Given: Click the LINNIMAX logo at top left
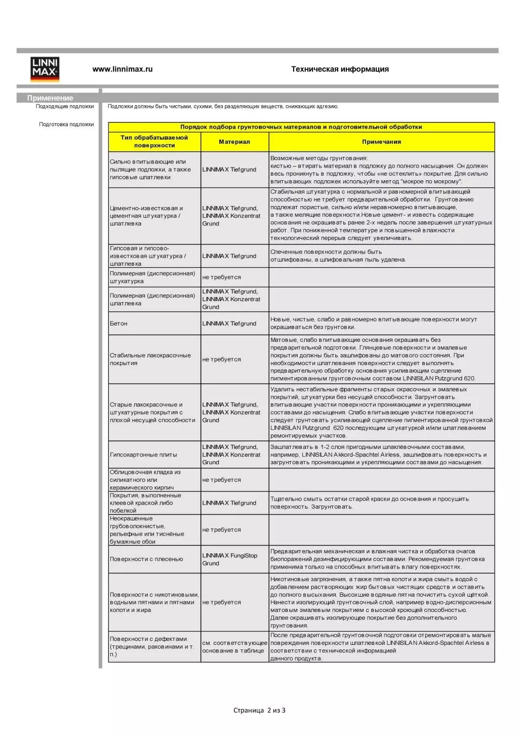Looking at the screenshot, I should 45,69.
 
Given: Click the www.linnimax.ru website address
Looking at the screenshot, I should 122,69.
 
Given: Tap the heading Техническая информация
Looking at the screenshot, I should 340,69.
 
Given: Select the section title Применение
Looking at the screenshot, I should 50,98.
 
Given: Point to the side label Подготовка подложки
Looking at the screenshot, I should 66,125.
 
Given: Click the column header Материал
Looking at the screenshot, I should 234,142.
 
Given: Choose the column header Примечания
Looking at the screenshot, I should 381,142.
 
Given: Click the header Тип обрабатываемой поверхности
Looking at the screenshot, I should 154,141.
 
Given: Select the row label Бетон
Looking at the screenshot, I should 118,323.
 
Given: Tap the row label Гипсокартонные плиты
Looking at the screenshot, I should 143,455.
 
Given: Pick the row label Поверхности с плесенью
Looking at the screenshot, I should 146,559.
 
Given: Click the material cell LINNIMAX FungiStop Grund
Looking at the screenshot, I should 229,559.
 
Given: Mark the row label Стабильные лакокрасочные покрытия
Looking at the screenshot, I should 150,359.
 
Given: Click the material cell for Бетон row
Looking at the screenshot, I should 229,323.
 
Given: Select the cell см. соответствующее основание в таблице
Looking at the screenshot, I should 234,647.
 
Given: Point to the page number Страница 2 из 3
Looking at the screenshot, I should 259,710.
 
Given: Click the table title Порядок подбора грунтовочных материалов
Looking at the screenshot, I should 301,127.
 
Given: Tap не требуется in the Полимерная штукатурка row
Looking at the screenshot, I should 221,277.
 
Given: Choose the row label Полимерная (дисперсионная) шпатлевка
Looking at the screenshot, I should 152,300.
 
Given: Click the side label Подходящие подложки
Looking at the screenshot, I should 65,107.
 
